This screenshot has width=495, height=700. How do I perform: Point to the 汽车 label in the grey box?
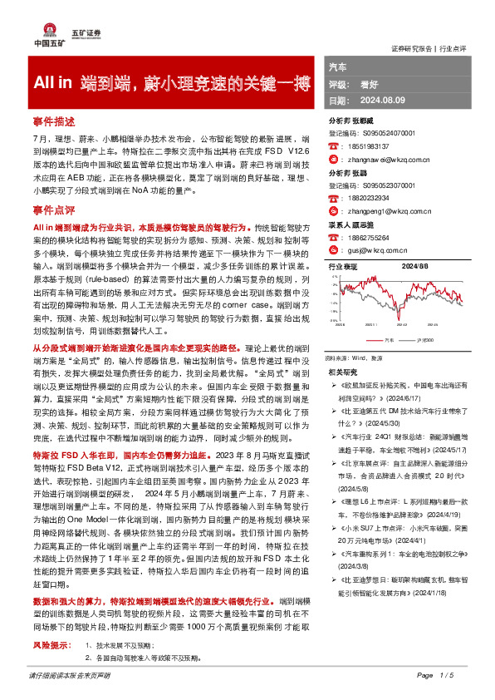pos(338,66)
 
